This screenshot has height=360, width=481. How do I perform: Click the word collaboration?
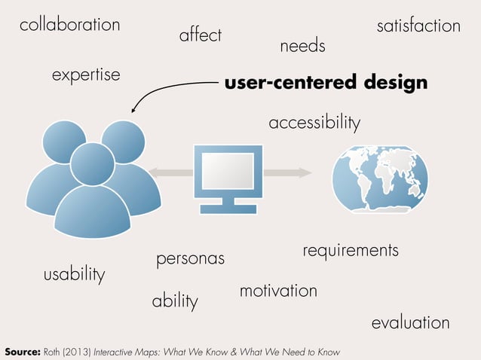click(x=69, y=25)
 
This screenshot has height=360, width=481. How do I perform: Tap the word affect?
click(x=201, y=35)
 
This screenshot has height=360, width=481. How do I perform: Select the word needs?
click(x=302, y=47)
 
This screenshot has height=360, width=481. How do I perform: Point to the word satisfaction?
click(x=418, y=26)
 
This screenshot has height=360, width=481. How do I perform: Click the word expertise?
click(x=86, y=75)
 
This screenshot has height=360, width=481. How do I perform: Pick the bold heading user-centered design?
click(x=326, y=82)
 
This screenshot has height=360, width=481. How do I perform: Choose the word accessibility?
click(x=314, y=122)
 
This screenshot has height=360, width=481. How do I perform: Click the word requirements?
click(x=350, y=249)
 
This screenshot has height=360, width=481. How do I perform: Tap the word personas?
click(x=190, y=259)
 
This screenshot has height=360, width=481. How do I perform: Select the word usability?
click(x=74, y=274)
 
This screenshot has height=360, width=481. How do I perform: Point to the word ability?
click(x=175, y=301)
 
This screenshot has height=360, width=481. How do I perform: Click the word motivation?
click(x=278, y=290)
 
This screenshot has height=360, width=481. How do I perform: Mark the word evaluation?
click(x=410, y=323)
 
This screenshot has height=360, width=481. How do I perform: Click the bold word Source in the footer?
click(x=22, y=352)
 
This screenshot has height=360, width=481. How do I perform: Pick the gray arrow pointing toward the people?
click(x=170, y=173)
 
